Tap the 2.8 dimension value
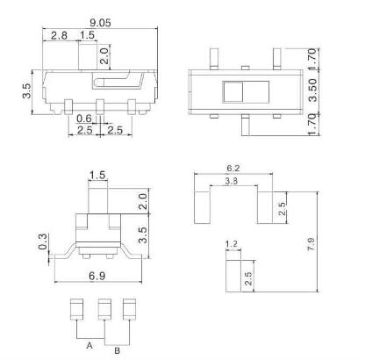(x=59, y=34)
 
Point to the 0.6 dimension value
(x=84, y=119)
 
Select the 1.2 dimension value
(x=233, y=244)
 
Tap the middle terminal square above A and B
(x=104, y=309)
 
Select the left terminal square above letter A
(x=77, y=309)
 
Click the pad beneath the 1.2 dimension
(x=233, y=277)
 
